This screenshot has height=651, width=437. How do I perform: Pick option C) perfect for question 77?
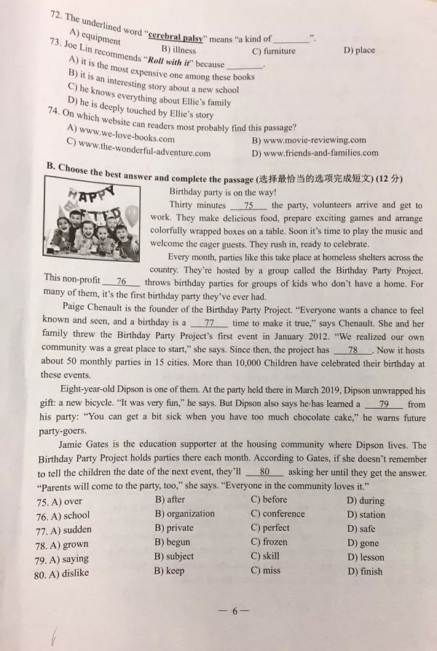[270, 527]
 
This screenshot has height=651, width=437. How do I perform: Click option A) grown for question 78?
[68, 544]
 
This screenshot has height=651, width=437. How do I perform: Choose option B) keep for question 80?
[169, 571]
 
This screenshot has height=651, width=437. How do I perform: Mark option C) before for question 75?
[269, 500]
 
